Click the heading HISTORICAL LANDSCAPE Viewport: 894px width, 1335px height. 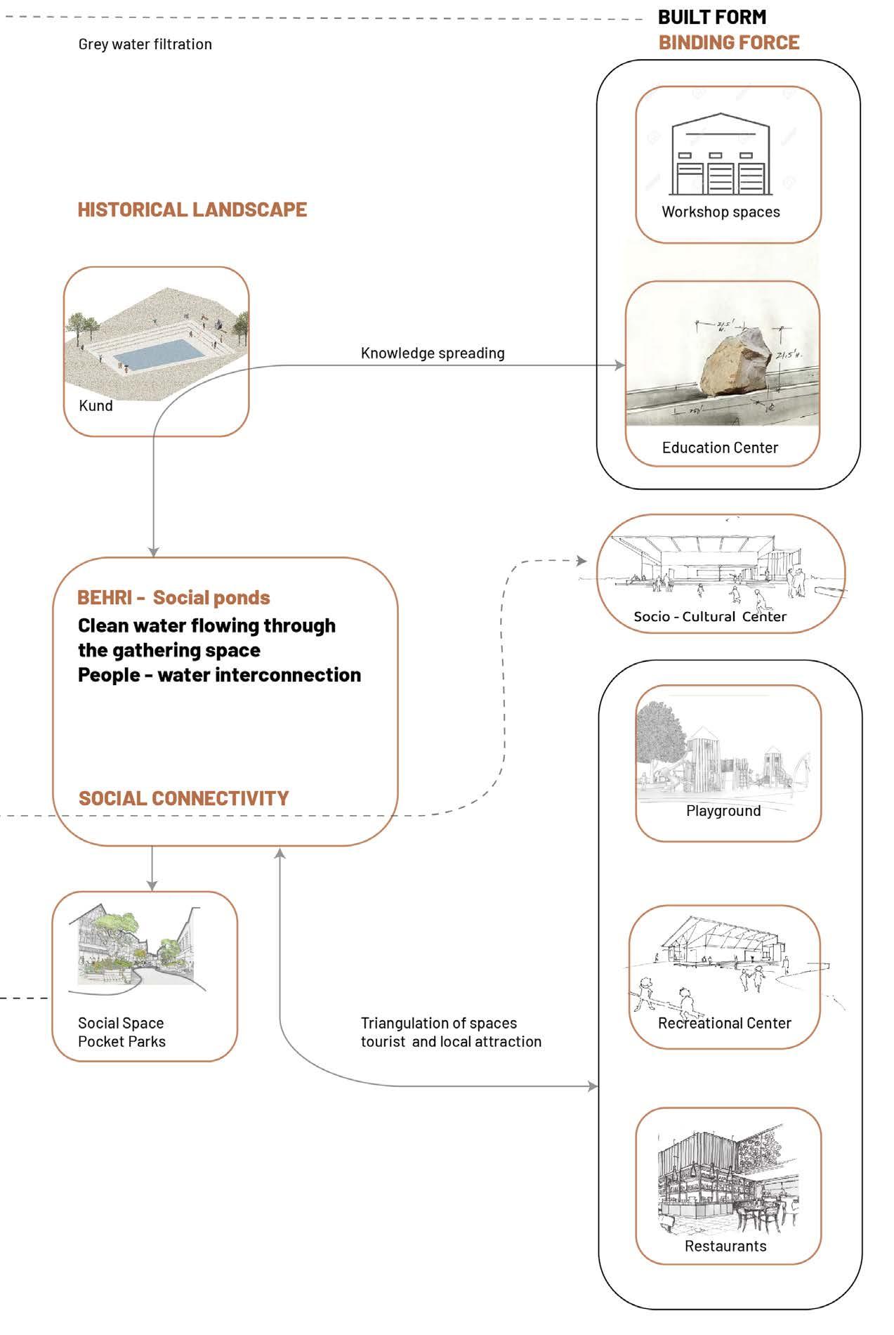coord(192,209)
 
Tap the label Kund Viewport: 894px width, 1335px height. coord(96,406)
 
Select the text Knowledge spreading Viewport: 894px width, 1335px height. coord(433,353)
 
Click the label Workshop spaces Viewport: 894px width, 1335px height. coord(721,212)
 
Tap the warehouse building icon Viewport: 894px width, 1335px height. coord(721,154)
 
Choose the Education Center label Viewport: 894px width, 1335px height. coord(720,448)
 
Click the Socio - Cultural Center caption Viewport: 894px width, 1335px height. coord(710,617)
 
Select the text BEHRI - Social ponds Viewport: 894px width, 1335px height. coord(173,598)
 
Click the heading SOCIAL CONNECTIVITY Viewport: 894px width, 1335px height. coord(184,798)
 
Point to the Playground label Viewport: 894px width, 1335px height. coord(723,811)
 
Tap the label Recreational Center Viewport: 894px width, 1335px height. coord(725,1023)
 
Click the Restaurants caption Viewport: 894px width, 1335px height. coord(725,1246)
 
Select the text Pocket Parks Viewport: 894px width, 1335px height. coord(121,1042)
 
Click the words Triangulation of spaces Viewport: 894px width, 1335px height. coord(439,1024)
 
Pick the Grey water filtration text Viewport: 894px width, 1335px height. coord(145,44)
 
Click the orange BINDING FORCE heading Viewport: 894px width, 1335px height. coord(729,43)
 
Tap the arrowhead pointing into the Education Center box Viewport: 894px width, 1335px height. coord(620,365)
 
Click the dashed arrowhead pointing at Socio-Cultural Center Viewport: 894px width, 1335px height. coord(581,561)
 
